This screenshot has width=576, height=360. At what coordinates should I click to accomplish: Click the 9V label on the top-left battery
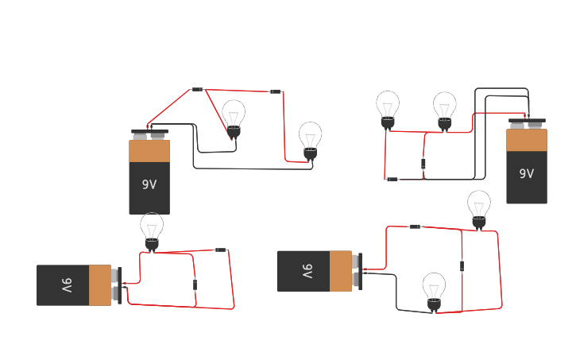pos(149,184)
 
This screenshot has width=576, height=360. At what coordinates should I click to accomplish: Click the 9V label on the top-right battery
pos(526,173)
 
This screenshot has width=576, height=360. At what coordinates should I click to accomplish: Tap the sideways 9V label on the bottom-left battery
pos(67,285)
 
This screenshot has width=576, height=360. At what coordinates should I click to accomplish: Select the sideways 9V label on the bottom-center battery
pos(307,271)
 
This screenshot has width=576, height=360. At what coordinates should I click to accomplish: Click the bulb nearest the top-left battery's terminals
pos(234,118)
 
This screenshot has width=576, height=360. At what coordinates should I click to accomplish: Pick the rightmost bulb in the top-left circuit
pos(310,140)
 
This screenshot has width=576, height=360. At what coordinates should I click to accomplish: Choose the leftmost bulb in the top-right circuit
pos(388,108)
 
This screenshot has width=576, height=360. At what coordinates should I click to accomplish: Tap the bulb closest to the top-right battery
pos(445,110)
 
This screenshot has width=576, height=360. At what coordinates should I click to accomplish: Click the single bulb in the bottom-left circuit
pos(152,230)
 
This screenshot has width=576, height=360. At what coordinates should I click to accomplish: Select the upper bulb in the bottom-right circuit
pos(478,208)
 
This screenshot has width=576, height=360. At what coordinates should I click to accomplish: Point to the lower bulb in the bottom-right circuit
pos(434,290)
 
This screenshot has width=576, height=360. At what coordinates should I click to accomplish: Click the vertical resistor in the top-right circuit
pos(423,165)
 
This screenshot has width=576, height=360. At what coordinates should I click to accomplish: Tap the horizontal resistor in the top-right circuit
pos(392,180)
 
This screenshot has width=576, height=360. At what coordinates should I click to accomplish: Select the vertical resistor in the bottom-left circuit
pos(195,285)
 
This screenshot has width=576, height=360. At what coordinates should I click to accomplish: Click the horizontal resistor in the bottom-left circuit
pos(220,250)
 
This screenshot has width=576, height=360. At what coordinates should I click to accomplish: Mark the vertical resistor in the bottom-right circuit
pos(462,266)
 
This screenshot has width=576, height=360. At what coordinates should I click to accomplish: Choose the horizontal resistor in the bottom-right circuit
pos(414,226)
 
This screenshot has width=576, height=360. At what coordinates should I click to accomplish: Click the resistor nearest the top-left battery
pos(197,89)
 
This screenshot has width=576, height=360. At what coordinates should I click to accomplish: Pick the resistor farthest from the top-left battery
pos(276,92)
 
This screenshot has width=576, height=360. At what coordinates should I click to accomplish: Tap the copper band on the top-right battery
pos(526,140)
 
